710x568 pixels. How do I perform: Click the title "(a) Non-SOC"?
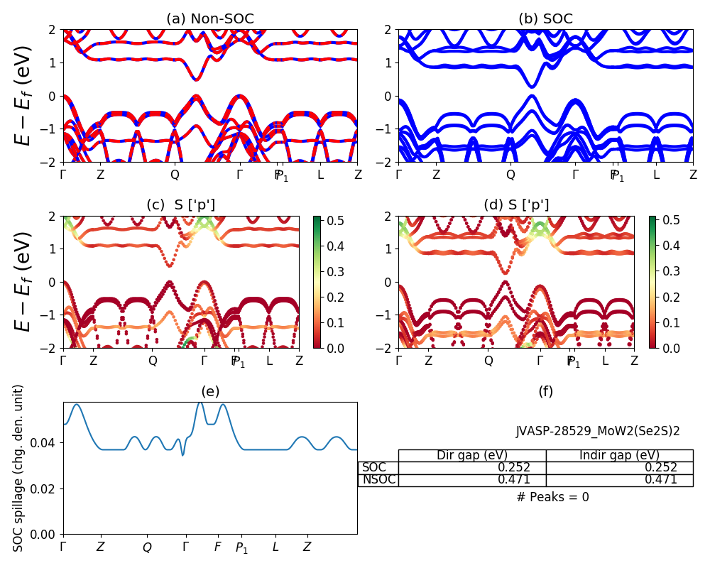(210, 19)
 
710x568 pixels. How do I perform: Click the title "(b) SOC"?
(545, 19)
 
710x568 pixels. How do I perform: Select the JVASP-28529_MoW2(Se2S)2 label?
(598, 431)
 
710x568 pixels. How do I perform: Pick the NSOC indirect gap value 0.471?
(660, 480)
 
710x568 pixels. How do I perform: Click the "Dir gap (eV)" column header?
(471, 455)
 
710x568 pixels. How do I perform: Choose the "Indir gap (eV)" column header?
(619, 455)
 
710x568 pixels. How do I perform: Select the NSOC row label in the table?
(378, 480)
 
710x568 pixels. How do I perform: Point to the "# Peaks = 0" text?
(552, 497)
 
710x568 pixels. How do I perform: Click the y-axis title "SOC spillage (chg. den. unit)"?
(19, 468)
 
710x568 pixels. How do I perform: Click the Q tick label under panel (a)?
(175, 174)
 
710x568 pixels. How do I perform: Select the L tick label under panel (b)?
(656, 174)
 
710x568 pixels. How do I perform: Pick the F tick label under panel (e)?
(218, 547)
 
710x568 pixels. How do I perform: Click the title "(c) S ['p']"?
(181, 205)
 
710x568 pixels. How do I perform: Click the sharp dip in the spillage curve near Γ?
(182, 454)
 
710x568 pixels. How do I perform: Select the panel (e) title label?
(210, 391)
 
